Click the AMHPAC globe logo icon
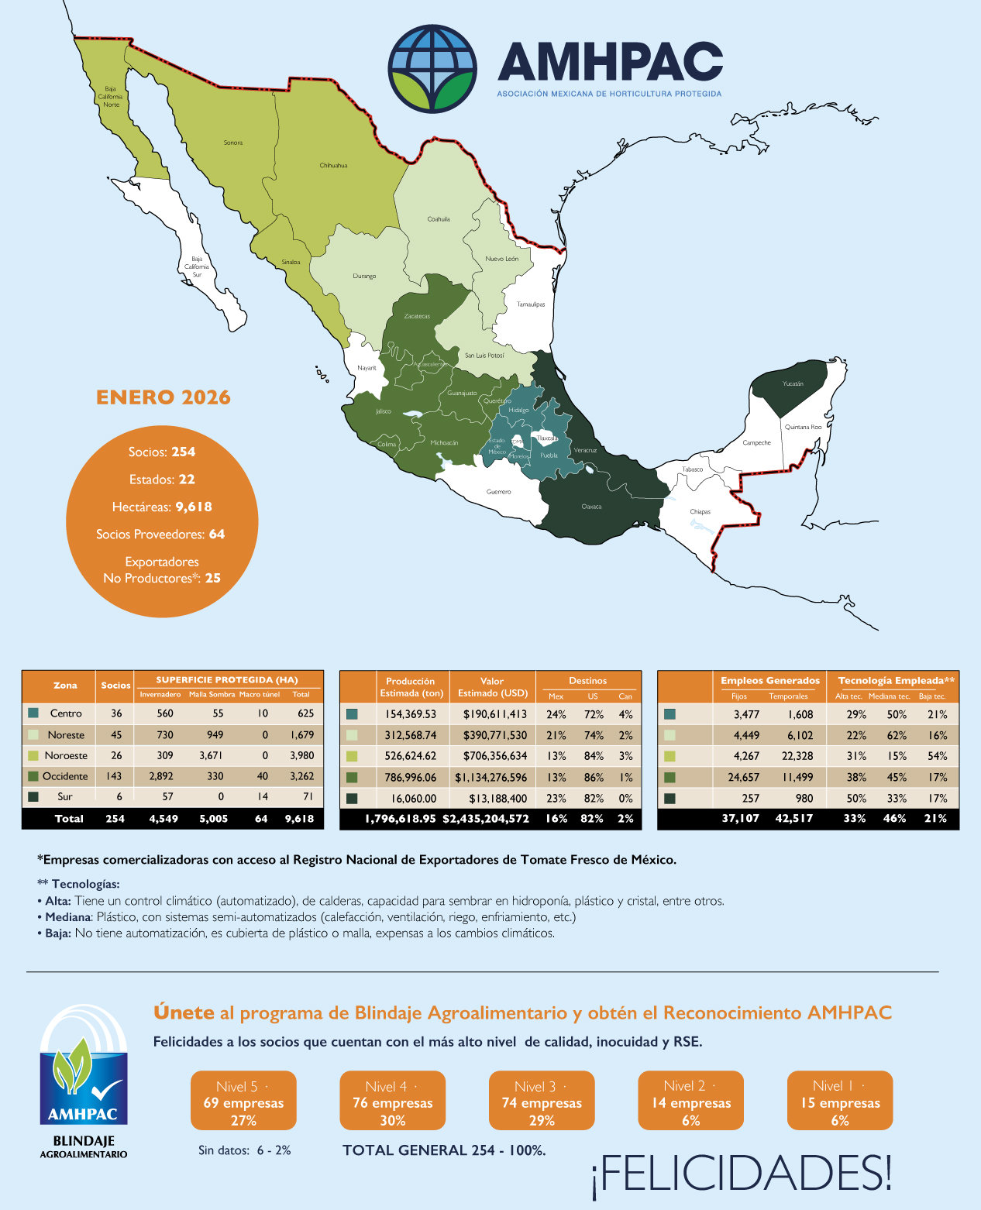click(x=432, y=68)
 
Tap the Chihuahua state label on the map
click(x=333, y=166)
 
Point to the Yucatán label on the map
click(x=793, y=383)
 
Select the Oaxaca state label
click(x=591, y=507)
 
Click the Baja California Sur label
click(x=197, y=266)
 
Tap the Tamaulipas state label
click(x=531, y=304)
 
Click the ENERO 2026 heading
click(x=163, y=397)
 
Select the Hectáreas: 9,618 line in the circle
click(x=162, y=507)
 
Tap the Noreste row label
click(x=66, y=735)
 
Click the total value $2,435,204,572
click(x=486, y=819)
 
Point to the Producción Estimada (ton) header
click(x=411, y=687)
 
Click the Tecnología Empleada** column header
click(x=896, y=681)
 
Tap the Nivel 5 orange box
click(x=243, y=1101)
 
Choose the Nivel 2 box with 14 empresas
click(x=690, y=1101)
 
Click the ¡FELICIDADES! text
click(x=742, y=1173)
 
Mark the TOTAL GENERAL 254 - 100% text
click(x=444, y=1150)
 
